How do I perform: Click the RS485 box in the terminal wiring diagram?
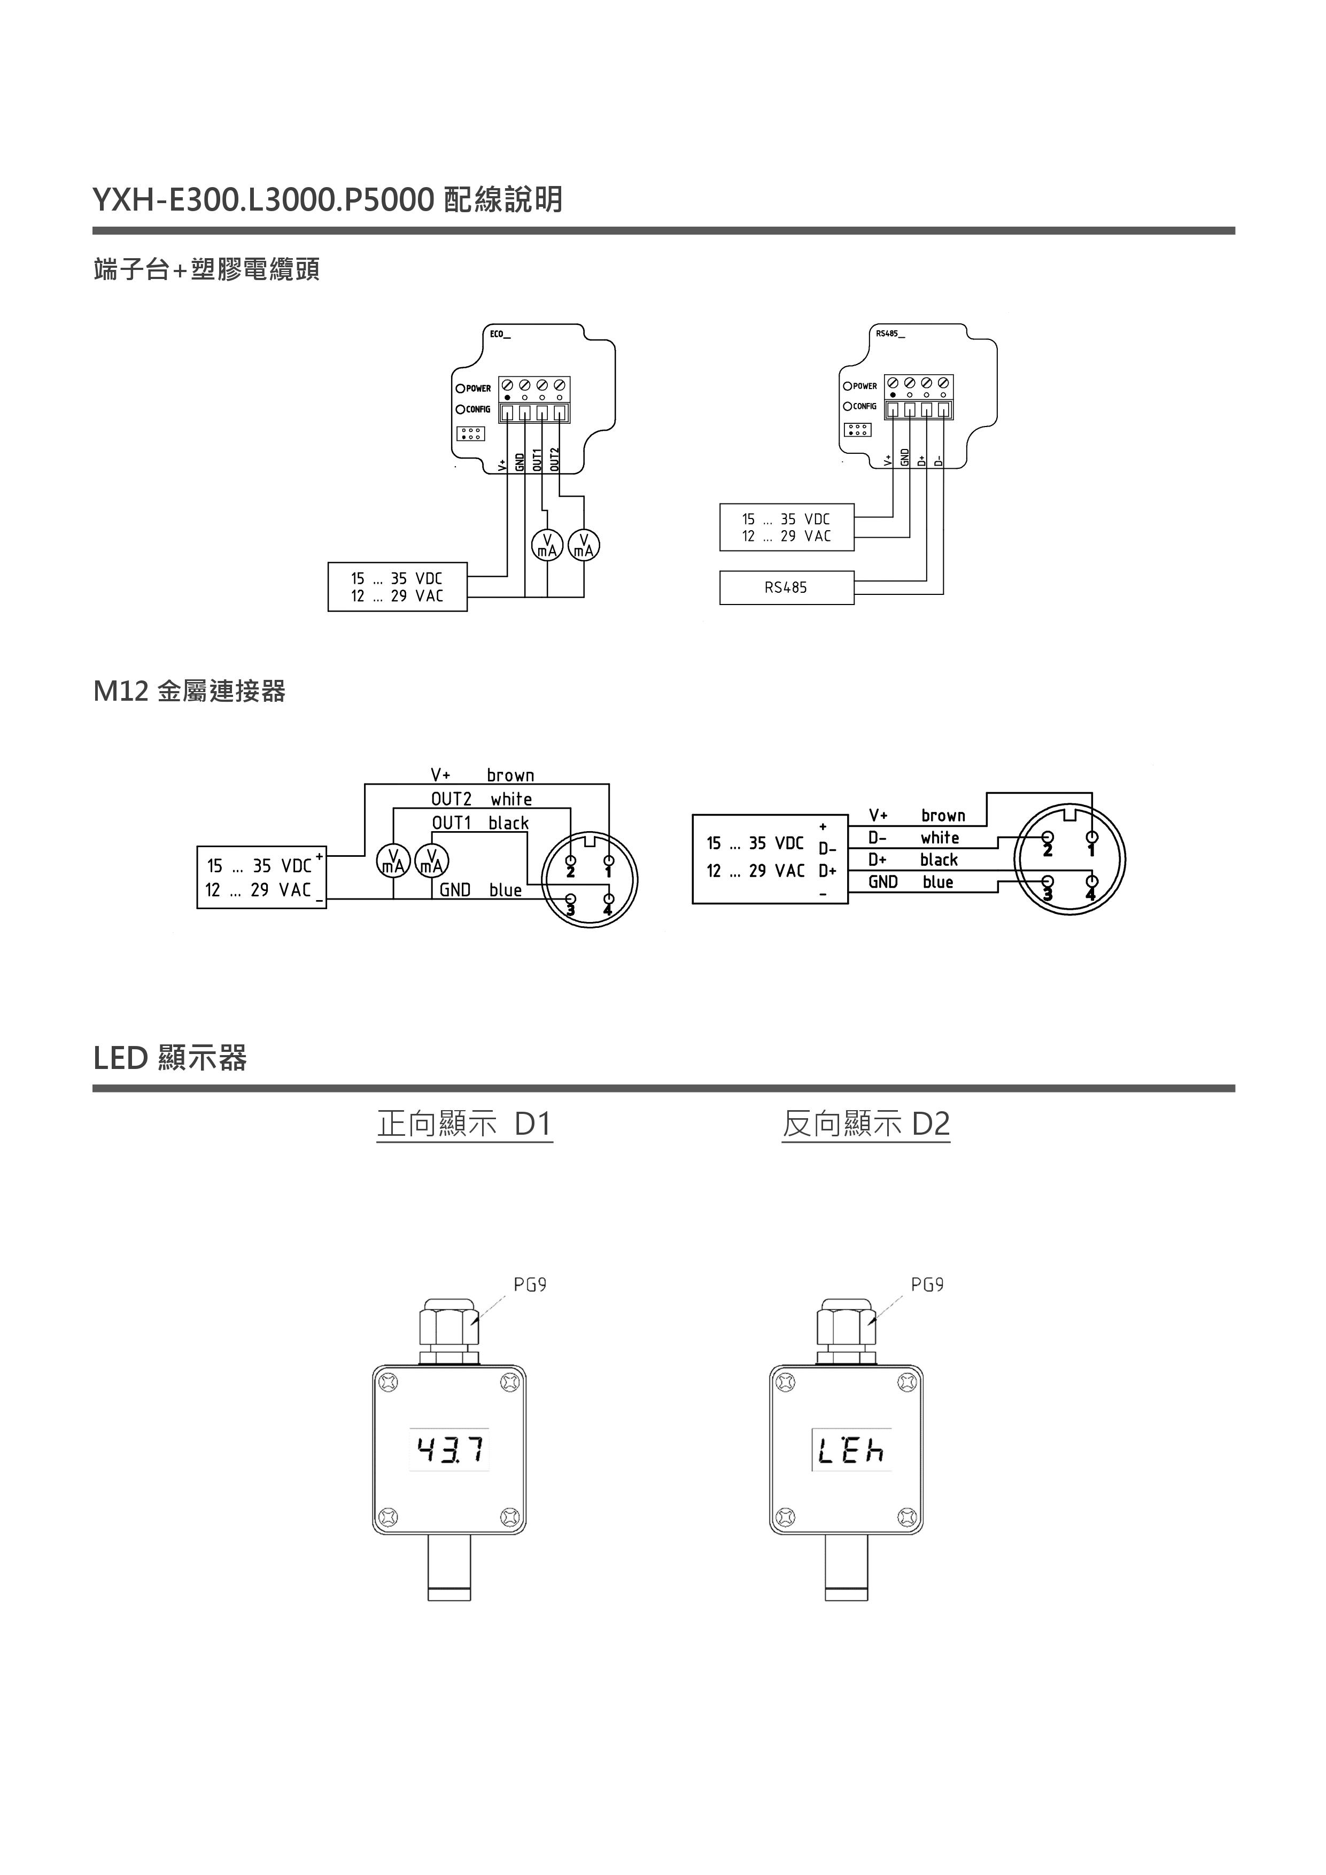coord(786,587)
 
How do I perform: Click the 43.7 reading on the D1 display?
coord(450,1450)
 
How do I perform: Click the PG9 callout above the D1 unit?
coord(530,1284)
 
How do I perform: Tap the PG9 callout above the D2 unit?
coord(927,1284)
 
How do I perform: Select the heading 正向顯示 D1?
coord(464,1124)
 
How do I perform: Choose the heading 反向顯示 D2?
coord(865,1124)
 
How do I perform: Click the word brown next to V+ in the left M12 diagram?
coord(510,775)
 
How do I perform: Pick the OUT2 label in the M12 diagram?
coord(452,799)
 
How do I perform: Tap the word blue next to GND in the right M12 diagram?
coord(938,882)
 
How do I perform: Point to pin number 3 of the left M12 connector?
coord(571,909)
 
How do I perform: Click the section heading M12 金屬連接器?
coord(189,692)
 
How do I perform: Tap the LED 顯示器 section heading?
coord(170,1058)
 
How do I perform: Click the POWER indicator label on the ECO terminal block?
coord(478,389)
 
